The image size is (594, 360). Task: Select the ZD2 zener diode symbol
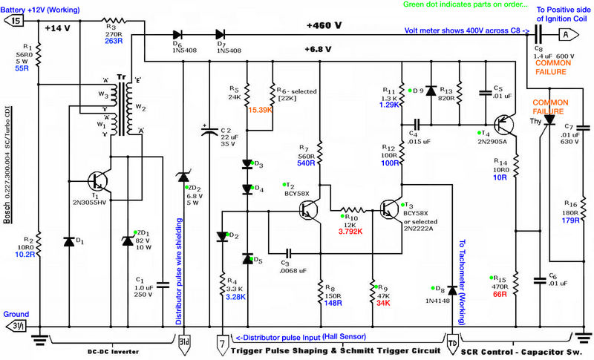(183, 177)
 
